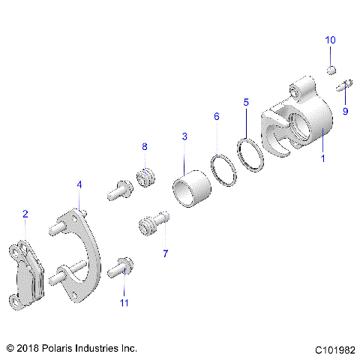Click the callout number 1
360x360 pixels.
[322, 158]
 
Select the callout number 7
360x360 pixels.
[165, 253]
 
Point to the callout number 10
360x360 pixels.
[330, 39]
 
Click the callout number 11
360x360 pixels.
[124, 302]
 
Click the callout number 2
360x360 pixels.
[25, 214]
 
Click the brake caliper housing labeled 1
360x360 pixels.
[300, 124]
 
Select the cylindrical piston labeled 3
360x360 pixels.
[190, 190]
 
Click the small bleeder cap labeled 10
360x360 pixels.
[330, 70]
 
